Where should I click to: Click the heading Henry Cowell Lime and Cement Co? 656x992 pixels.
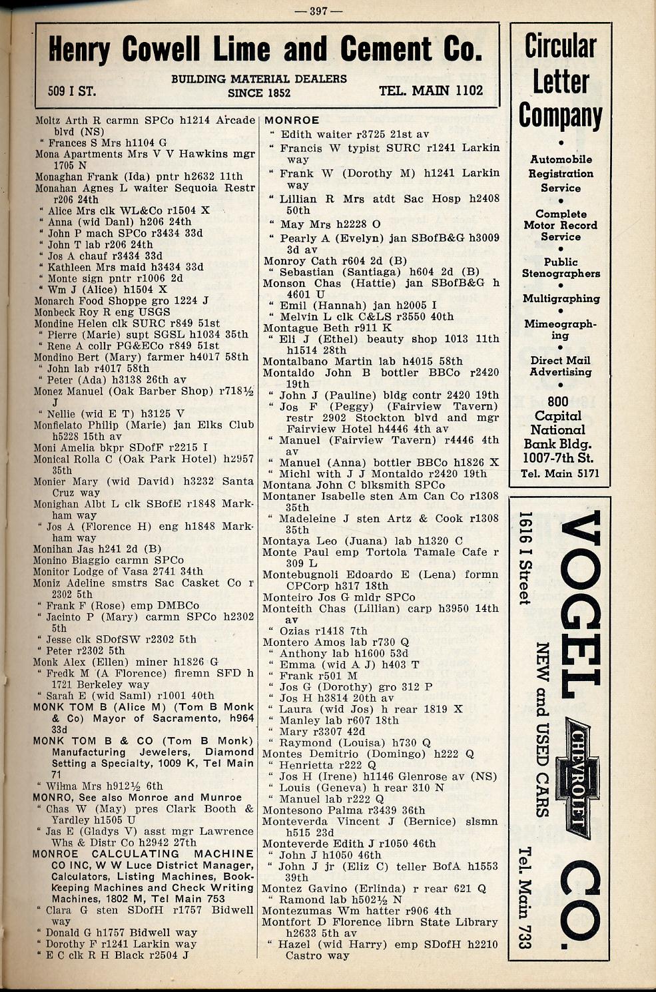[x=265, y=49]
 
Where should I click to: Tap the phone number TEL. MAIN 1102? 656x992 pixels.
[x=431, y=91]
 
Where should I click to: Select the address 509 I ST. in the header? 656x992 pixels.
[x=72, y=91]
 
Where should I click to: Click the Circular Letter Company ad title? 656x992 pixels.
[x=561, y=81]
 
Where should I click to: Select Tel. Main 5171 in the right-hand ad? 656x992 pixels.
[x=560, y=473]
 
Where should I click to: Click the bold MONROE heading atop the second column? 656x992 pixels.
[x=292, y=121]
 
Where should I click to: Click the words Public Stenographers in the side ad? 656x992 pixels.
[x=561, y=268]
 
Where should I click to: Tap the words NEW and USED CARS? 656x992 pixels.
[x=543, y=730]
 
